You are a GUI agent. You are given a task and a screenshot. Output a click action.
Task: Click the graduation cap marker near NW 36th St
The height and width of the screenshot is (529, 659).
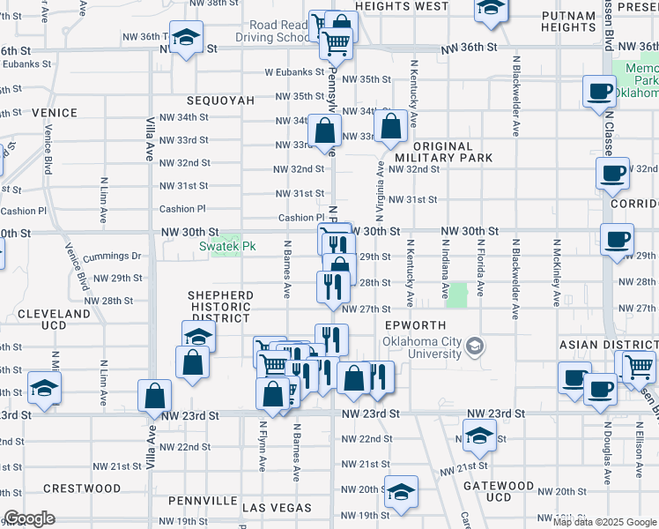click(186, 38)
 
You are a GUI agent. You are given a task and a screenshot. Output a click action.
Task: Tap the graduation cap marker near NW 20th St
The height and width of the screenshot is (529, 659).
click(401, 492)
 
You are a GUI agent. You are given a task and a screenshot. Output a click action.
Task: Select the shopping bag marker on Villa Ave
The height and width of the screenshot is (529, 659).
click(154, 396)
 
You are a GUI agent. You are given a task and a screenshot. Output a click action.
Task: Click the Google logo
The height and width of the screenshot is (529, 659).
click(28, 518)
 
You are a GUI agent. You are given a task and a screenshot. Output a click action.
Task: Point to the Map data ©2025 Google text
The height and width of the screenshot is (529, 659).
click(603, 521)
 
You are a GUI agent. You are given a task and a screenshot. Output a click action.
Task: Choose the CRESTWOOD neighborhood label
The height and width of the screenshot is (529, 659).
click(82, 488)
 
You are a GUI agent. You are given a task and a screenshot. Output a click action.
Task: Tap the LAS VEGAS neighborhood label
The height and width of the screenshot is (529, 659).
click(277, 508)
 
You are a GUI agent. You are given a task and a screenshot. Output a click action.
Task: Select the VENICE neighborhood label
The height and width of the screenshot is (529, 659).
click(54, 114)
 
